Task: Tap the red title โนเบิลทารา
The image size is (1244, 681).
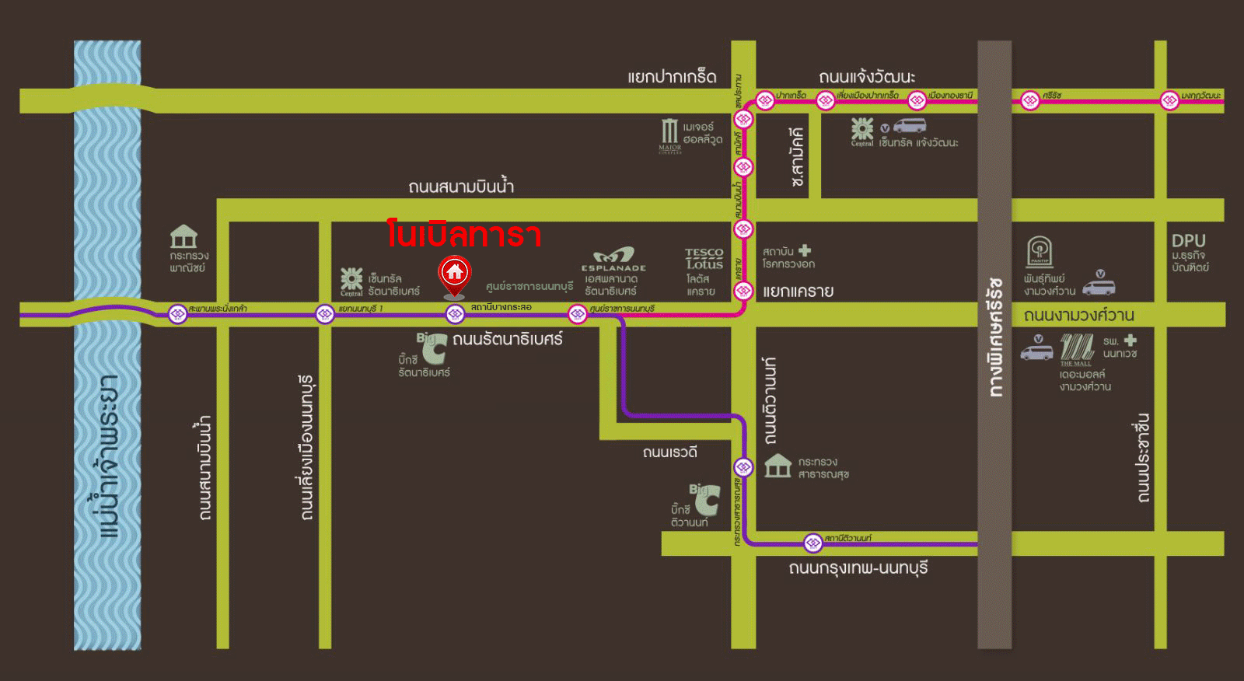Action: (464, 235)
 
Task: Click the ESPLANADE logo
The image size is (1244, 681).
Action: (613, 259)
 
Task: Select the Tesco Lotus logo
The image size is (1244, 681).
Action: (704, 259)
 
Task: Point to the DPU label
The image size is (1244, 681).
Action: (1188, 241)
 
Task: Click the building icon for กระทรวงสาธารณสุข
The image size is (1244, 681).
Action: (777, 466)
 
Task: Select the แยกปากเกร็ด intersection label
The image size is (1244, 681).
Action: (672, 77)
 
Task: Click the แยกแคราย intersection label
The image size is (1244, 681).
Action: (798, 292)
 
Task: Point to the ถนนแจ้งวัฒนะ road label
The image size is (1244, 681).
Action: (866, 77)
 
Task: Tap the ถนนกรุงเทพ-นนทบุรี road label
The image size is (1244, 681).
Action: (858, 568)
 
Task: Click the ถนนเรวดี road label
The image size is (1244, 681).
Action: (669, 452)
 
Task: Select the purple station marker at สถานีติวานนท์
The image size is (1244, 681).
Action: (812, 542)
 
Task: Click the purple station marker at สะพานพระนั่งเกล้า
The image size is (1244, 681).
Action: (178, 314)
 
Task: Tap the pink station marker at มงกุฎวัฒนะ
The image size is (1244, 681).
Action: (1169, 100)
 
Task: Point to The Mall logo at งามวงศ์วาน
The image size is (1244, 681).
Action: (1077, 349)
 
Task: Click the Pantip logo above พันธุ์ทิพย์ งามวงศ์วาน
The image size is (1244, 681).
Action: (1040, 252)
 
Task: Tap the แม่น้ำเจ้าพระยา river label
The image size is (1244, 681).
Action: (109, 458)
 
